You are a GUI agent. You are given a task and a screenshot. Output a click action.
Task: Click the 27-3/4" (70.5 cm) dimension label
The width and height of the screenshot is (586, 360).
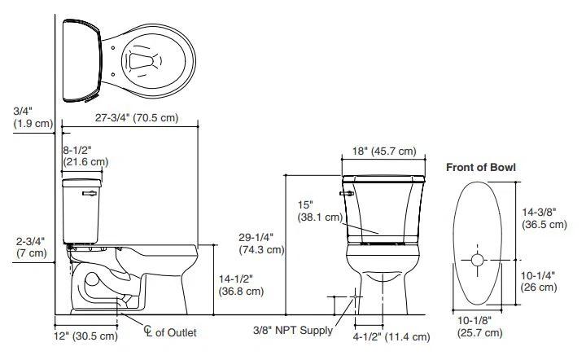pos(136,117)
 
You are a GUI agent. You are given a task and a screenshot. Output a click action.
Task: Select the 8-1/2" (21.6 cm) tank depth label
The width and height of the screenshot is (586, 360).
pos(85,156)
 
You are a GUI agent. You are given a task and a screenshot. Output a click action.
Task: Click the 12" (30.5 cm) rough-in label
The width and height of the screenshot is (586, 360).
pos(86,336)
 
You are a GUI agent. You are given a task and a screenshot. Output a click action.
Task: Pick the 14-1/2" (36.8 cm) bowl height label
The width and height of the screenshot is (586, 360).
pos(241,285)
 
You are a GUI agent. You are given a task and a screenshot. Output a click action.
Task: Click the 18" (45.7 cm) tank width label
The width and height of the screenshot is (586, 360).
pos(383,151)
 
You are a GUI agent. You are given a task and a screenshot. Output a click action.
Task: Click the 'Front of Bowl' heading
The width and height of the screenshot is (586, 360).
pos(480,167)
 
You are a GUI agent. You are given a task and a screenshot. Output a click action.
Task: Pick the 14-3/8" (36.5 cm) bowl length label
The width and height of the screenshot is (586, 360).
pos(545,218)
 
